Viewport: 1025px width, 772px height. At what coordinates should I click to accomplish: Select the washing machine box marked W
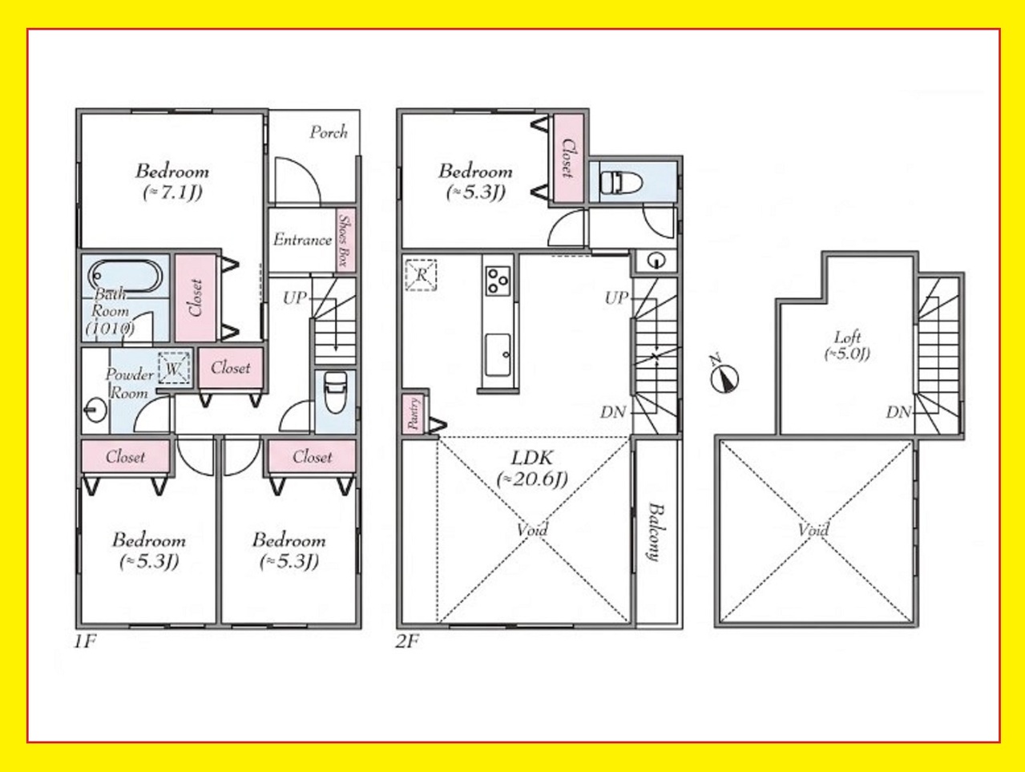click(x=174, y=369)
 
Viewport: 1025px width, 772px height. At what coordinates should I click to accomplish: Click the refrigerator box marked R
click(x=421, y=275)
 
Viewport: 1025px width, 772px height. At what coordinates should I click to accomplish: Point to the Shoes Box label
click(x=345, y=240)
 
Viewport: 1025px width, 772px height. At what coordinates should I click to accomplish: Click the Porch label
click(x=329, y=132)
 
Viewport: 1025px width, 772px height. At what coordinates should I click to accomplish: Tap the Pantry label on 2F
click(x=414, y=413)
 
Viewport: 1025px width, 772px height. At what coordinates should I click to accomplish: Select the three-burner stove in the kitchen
click(x=498, y=281)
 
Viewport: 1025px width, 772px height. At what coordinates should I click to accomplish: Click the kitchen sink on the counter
click(x=498, y=354)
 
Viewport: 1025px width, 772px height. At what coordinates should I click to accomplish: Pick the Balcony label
click(x=655, y=532)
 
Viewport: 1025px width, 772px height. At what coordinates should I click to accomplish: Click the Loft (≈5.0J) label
click(x=846, y=346)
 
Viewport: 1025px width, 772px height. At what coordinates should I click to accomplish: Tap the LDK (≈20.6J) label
click(x=532, y=468)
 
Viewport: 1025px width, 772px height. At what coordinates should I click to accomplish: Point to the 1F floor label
click(x=86, y=642)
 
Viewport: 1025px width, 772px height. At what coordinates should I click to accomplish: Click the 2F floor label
click(x=407, y=642)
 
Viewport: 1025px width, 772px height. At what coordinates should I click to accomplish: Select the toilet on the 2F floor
click(x=620, y=182)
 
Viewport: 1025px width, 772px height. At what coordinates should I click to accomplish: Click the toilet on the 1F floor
click(x=334, y=392)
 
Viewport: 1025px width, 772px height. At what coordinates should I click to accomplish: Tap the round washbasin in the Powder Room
click(x=95, y=410)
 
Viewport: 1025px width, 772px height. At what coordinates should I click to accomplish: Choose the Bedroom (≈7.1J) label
click(x=172, y=182)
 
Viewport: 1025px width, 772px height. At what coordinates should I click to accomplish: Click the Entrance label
click(x=303, y=240)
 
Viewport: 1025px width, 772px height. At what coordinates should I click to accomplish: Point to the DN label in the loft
click(x=899, y=412)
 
